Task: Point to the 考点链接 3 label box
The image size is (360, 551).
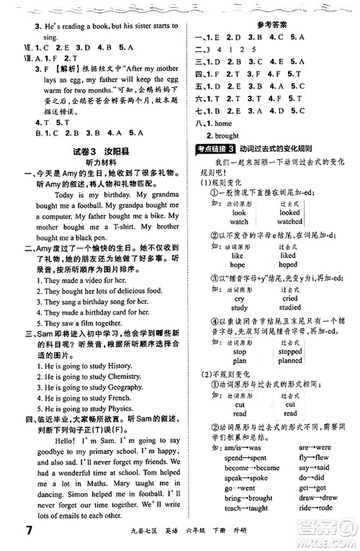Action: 214,169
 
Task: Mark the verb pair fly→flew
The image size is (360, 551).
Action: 314,457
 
